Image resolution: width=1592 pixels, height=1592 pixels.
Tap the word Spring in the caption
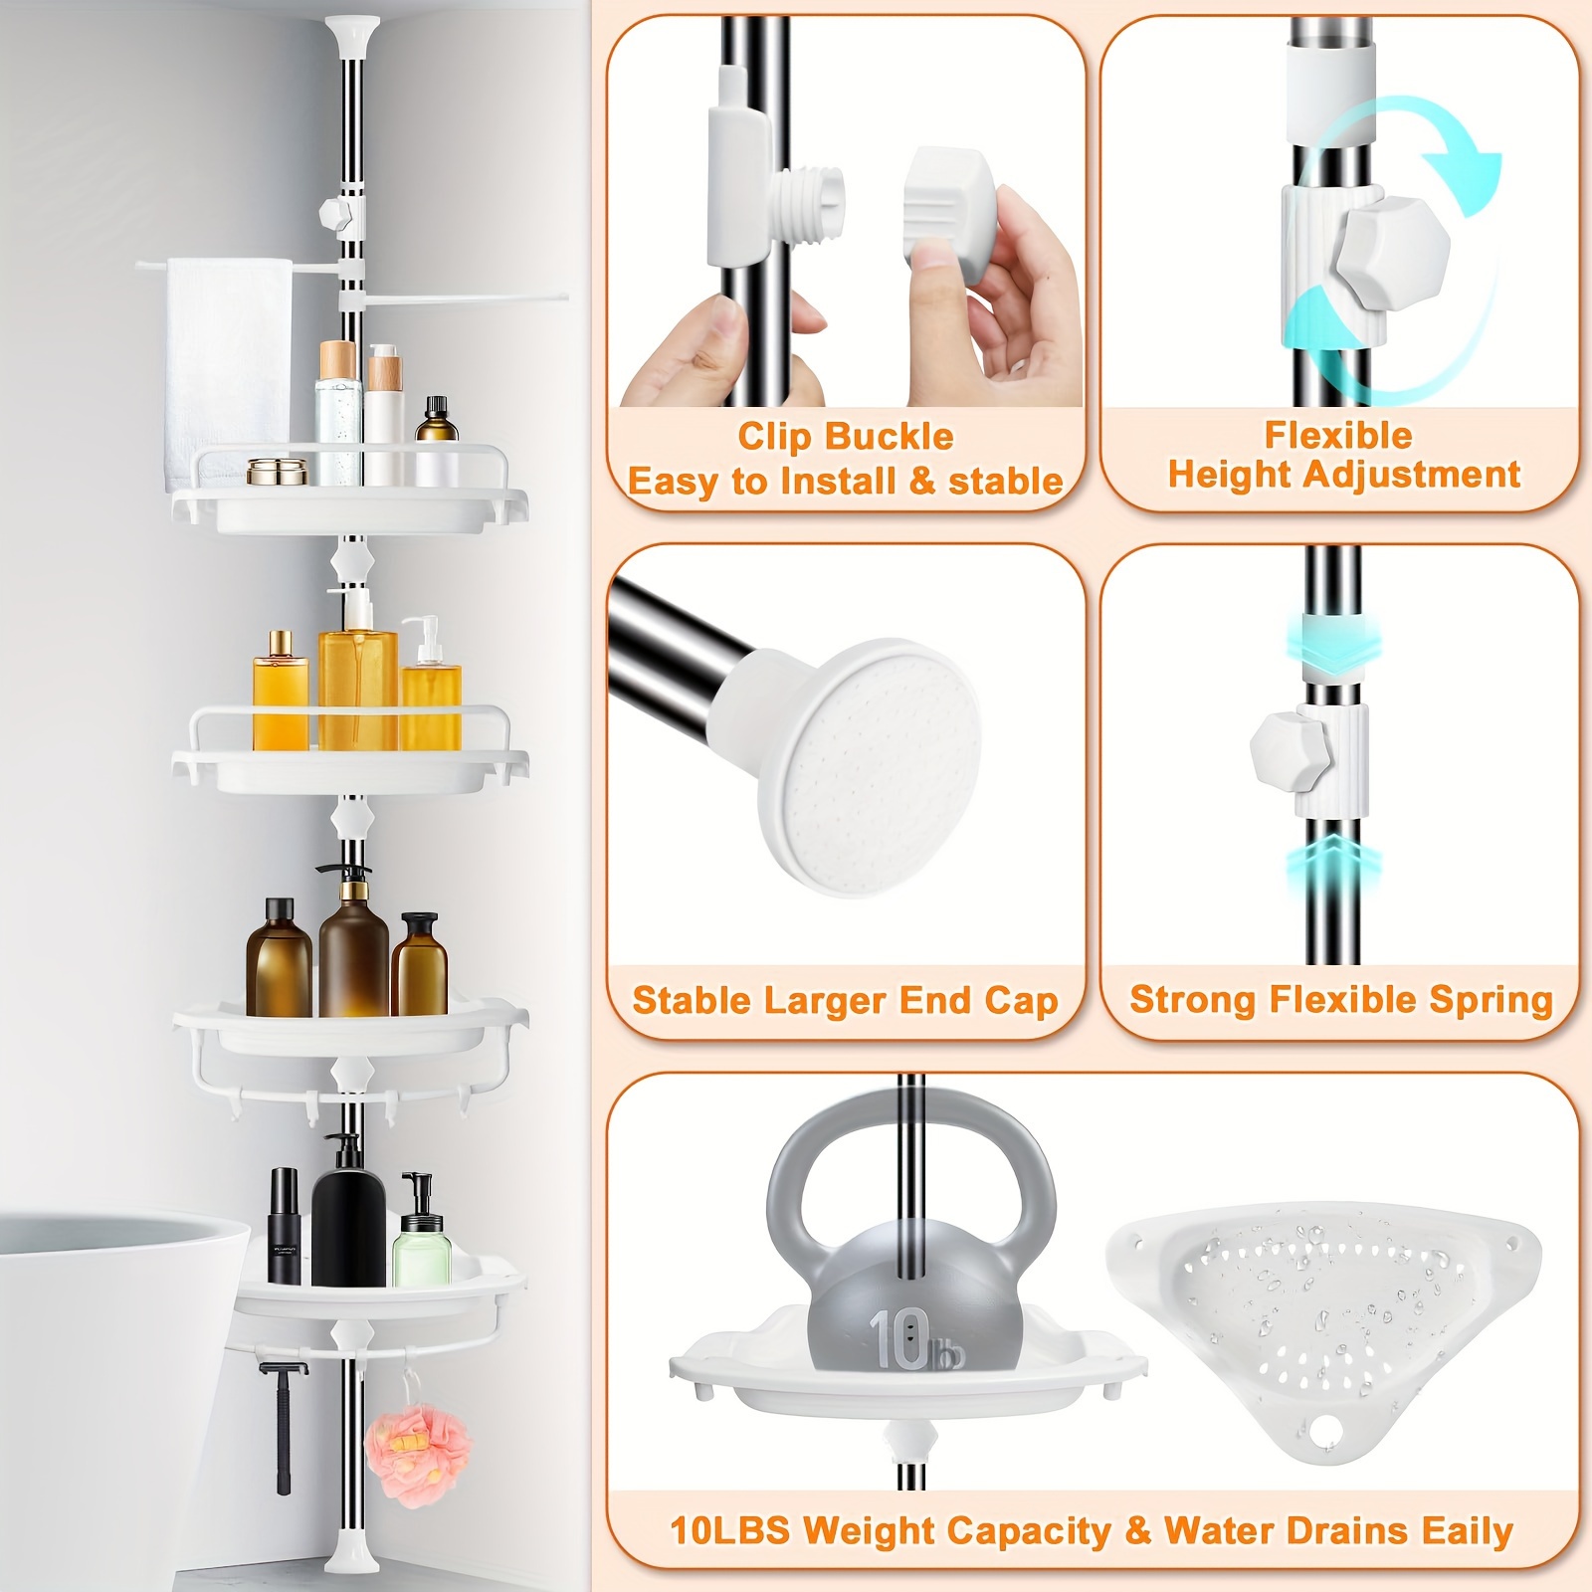tap(1491, 1000)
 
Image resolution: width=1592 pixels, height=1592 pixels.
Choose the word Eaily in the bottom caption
tap(1467, 1530)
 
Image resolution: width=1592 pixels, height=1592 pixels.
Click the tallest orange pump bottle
tap(357, 677)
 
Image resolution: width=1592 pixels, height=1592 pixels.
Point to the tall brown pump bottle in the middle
tap(353, 945)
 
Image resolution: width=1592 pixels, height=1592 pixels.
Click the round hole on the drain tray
tap(1324, 1431)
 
